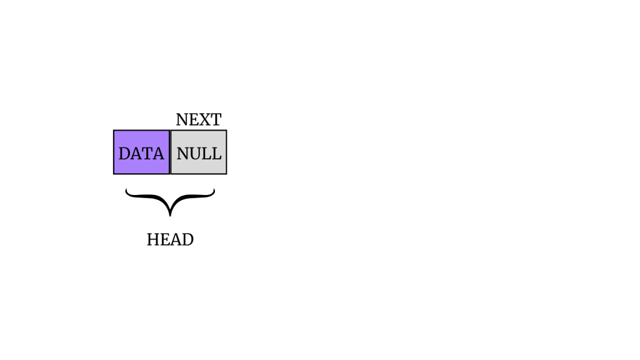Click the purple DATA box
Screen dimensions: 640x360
(142, 152)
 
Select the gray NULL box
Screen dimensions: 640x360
(199, 152)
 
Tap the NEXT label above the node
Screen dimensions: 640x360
(199, 119)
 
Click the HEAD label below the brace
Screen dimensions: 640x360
(170, 239)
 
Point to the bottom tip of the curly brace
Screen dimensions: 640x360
(170, 216)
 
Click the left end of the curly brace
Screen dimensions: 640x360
(126, 189)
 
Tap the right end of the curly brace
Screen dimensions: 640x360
(214, 189)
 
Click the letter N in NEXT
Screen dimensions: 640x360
(182, 119)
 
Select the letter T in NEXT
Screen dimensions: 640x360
(216, 119)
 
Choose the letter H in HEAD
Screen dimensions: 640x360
(153, 239)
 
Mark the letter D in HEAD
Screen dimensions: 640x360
(187, 239)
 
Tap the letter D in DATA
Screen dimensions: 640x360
(124, 154)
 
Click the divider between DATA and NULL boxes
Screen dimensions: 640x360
(170, 152)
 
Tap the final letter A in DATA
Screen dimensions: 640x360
(158, 154)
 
